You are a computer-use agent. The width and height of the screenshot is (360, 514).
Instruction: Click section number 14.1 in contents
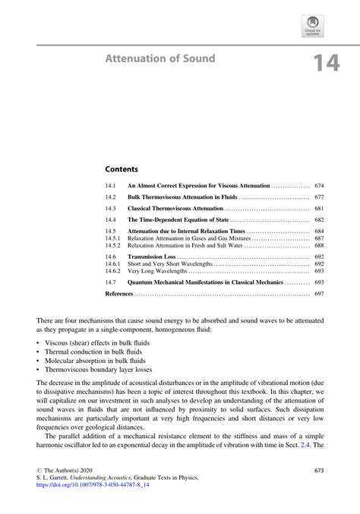(110, 185)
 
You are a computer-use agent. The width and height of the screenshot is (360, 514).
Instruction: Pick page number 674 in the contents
(319, 185)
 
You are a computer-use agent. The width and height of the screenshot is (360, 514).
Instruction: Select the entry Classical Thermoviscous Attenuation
(175, 208)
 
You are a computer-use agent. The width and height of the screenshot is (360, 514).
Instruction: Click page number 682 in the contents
(319, 219)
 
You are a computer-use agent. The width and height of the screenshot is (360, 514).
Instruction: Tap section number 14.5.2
(112, 246)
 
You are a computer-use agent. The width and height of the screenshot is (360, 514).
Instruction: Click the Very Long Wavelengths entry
(157, 271)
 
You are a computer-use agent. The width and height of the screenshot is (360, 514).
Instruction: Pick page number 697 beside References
(319, 293)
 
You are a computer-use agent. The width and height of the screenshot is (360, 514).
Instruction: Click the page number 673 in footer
(319, 471)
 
